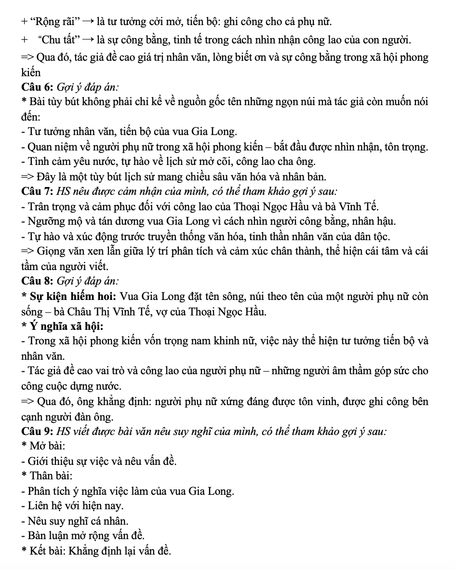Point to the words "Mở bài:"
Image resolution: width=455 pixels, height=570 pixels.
point(48,446)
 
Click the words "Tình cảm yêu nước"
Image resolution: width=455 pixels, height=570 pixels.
point(63,161)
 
